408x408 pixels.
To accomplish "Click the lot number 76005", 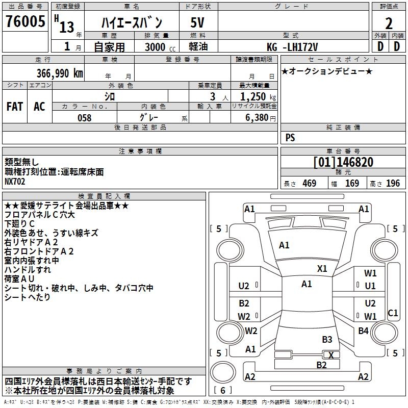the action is pyautogui.click(x=25, y=22).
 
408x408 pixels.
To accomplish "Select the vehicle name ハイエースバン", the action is pyautogui.click(x=132, y=22).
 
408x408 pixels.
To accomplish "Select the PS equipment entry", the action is pyautogui.click(x=290, y=138).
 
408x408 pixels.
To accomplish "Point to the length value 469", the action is pyautogui.click(x=309, y=184).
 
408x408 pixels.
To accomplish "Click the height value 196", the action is pyautogui.click(x=393, y=184).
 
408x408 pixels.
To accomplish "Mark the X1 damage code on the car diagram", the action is pyautogui.click(x=322, y=269).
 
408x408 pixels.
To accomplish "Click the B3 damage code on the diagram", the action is pyautogui.click(x=327, y=339).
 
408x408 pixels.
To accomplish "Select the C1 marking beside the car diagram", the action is pyautogui.click(x=393, y=313).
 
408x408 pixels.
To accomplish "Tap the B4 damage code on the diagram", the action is pyautogui.click(x=363, y=331).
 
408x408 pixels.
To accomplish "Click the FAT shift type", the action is pyautogui.click(x=15, y=107).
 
